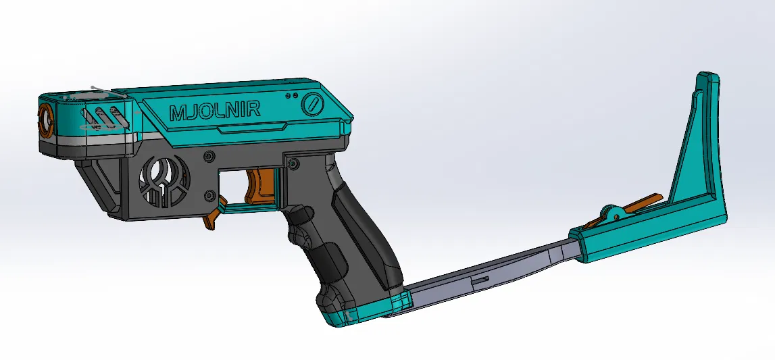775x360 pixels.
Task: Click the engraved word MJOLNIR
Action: click(214, 111)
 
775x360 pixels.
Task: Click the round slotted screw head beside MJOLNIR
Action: click(312, 105)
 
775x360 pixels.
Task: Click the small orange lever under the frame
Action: click(214, 215)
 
